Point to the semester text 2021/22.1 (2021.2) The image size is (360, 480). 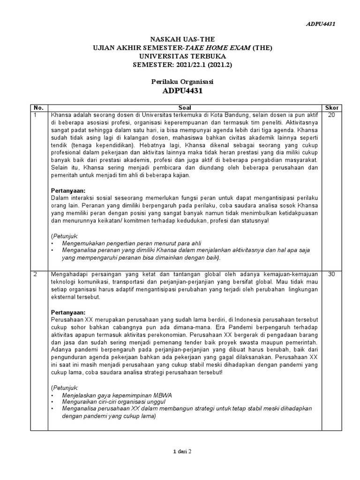[201, 65]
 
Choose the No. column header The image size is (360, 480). [37, 107]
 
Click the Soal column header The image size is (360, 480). [185, 107]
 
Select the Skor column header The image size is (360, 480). [331, 107]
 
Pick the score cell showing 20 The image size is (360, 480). [331, 114]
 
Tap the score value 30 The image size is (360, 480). [331, 274]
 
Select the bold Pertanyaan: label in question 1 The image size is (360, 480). [68, 190]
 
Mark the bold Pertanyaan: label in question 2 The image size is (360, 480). [68, 312]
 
